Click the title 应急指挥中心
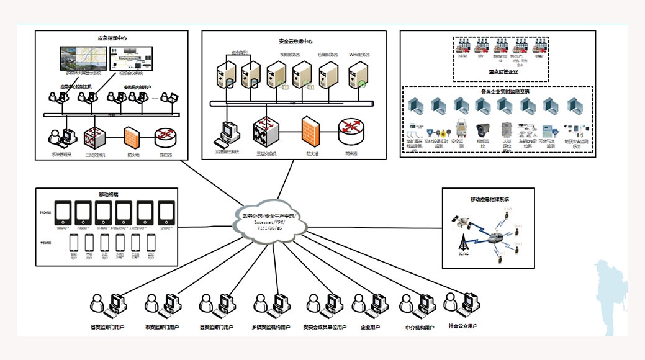click(x=112, y=38)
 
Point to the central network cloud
click(x=268, y=220)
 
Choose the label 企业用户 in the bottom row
click(x=370, y=327)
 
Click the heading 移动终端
click(x=107, y=195)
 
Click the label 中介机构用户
click(x=419, y=327)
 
